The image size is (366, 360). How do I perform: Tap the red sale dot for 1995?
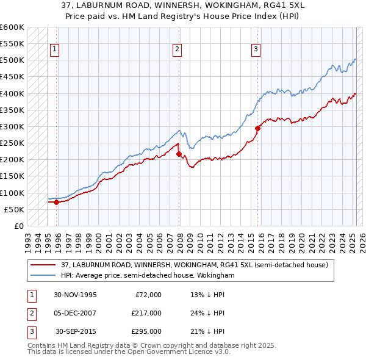(x=56, y=202)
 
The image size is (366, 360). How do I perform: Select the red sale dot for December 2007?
(x=179, y=154)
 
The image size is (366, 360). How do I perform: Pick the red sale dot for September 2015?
(x=257, y=128)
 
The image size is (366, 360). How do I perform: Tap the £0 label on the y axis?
(x=18, y=226)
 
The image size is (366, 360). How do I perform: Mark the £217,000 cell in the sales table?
(x=146, y=313)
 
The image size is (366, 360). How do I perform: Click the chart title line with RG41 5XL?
(x=182, y=5)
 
